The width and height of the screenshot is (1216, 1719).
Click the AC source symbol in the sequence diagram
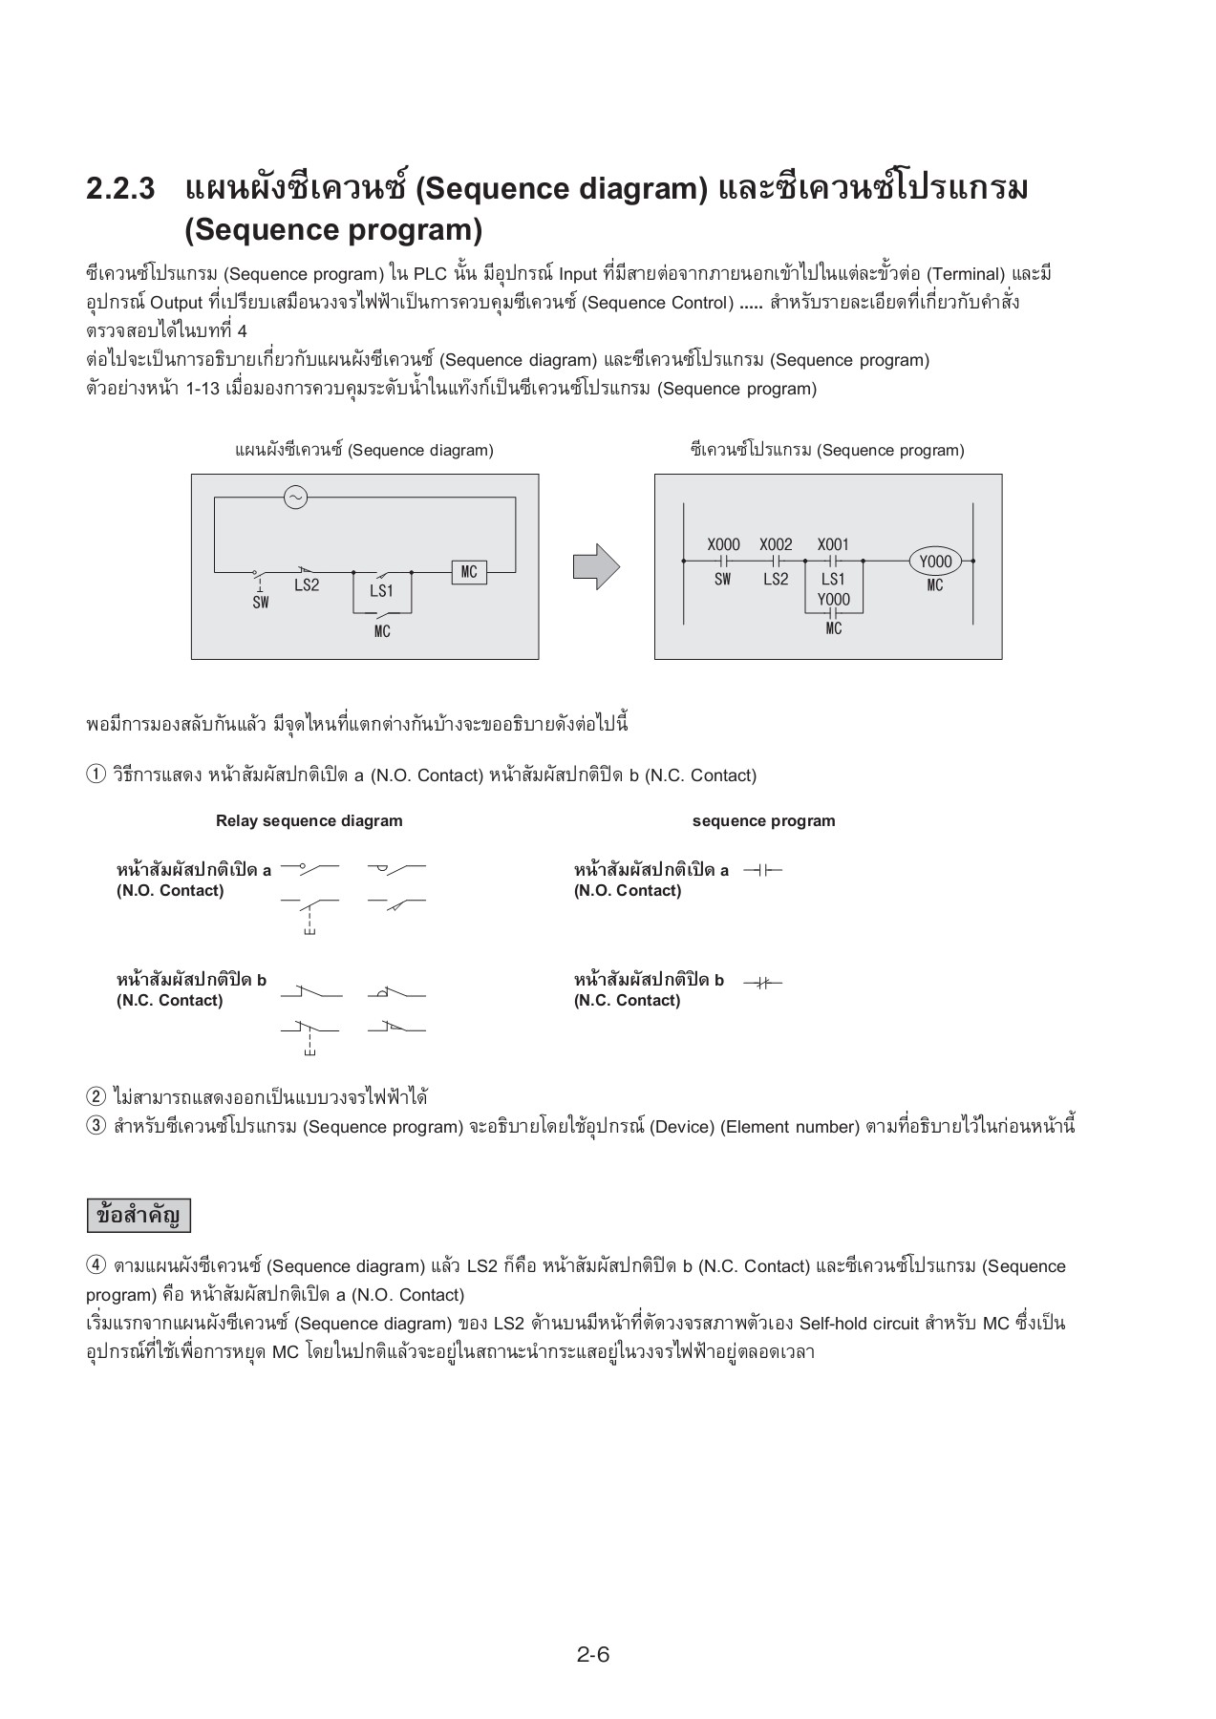(296, 498)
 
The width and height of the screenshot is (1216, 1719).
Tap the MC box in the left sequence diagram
(469, 572)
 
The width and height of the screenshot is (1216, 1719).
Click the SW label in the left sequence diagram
(261, 603)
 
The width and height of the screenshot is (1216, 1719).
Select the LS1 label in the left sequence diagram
(381, 591)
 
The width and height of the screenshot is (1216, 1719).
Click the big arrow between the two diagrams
(595, 567)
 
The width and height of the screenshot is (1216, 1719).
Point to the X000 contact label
(723, 544)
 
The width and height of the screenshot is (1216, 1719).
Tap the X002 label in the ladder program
(776, 544)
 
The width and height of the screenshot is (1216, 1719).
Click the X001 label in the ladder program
(833, 544)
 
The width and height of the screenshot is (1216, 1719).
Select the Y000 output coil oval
(935, 562)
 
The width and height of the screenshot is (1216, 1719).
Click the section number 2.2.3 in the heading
(120, 189)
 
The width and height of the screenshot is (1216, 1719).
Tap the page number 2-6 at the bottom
(592, 1654)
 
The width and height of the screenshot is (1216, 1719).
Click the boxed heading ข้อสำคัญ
(139, 1216)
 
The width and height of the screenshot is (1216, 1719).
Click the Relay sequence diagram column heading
(309, 820)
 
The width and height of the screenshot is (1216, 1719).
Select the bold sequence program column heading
(763, 820)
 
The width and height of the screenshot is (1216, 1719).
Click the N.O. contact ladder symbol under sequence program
(762, 871)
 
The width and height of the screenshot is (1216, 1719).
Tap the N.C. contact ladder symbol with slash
(762, 982)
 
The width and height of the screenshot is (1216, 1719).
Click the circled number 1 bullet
(96, 775)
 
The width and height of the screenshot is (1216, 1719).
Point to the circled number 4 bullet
(96, 1265)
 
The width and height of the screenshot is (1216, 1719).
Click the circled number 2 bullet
(96, 1097)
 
